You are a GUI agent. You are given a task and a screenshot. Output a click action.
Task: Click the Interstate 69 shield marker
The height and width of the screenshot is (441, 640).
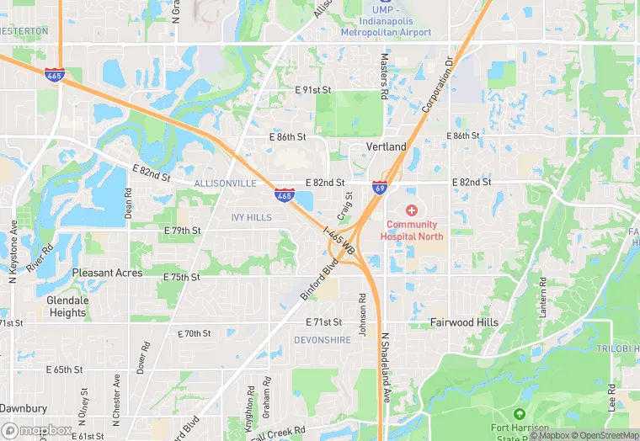(x=381, y=188)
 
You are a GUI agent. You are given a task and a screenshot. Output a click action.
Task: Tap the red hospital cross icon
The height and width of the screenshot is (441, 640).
(x=412, y=210)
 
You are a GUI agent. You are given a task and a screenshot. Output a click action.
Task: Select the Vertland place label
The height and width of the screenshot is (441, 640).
(x=387, y=147)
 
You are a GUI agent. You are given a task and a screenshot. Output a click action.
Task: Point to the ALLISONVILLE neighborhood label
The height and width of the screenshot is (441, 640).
(x=225, y=183)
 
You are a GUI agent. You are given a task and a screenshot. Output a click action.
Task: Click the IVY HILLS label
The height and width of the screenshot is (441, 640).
(x=252, y=217)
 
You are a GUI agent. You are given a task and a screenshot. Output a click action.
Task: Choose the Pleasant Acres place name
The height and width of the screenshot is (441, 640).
(x=107, y=274)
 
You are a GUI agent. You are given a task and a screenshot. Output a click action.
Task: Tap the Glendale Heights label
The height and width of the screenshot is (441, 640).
(x=67, y=306)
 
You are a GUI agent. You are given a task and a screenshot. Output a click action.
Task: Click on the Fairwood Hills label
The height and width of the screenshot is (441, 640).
(x=464, y=322)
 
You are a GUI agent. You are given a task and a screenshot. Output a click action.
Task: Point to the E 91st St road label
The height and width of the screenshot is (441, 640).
(x=312, y=90)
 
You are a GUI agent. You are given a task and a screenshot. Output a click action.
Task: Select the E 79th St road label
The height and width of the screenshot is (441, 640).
(x=183, y=231)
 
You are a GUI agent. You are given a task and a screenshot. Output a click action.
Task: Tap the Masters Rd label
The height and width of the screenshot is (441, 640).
(x=384, y=77)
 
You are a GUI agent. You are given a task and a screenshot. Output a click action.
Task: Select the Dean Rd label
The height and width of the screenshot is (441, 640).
(x=129, y=203)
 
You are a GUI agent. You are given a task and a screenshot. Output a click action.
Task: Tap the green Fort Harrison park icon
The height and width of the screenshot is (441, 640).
(x=520, y=415)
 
